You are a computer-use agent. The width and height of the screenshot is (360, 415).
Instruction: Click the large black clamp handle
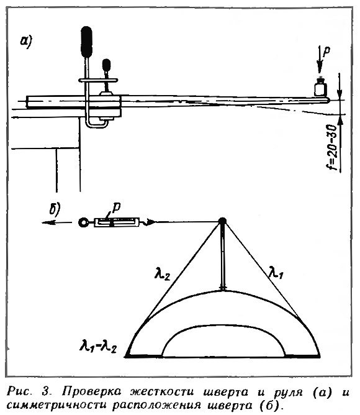click(x=86, y=42)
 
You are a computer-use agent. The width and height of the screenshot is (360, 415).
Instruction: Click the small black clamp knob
click(x=106, y=65)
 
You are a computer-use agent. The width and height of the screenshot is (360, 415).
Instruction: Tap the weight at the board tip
click(x=320, y=87)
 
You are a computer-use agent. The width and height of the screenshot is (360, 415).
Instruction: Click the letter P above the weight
click(x=327, y=52)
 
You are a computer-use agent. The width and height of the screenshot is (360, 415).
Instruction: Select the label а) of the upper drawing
click(x=26, y=42)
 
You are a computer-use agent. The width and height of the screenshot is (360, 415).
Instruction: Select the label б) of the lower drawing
click(x=55, y=209)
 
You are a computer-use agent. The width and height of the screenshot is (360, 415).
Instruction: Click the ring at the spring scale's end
click(x=84, y=222)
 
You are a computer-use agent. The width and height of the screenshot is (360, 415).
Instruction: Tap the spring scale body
click(x=117, y=222)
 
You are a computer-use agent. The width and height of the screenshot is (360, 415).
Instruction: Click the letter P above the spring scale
click(x=116, y=208)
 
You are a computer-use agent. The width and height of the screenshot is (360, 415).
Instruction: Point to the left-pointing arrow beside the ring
click(x=56, y=222)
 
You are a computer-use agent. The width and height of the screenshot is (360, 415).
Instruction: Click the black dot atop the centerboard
click(x=222, y=221)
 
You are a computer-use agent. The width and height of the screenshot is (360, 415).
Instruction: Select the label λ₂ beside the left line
click(x=162, y=274)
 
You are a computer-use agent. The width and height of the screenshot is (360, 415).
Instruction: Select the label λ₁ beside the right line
click(x=276, y=273)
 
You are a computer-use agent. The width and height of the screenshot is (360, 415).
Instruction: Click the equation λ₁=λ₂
click(x=98, y=345)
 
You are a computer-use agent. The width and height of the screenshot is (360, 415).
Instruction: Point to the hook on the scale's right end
click(x=148, y=222)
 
